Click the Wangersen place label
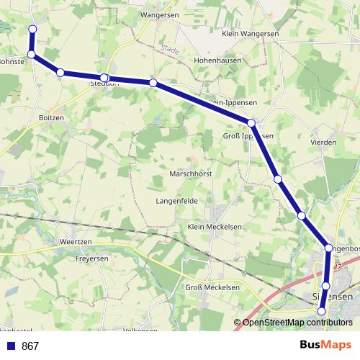tap(160, 14)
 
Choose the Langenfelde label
tap(177, 201)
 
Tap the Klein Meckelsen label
tap(214, 227)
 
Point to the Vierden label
tap(323, 143)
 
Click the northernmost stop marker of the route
tap(32, 29)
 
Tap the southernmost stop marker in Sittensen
tap(322, 311)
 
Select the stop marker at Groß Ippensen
tap(251, 123)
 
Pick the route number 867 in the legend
tap(30, 346)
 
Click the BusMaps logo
tap(325, 346)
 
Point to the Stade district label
tap(170, 49)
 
